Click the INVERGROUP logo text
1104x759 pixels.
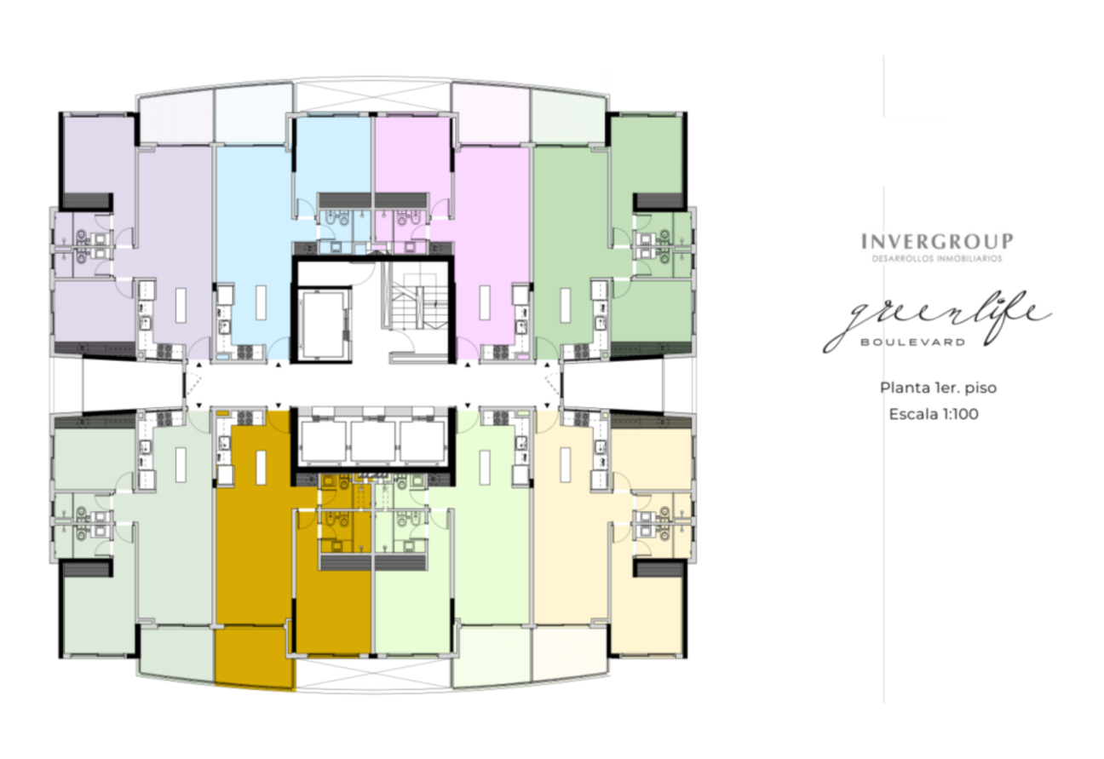coord(937,242)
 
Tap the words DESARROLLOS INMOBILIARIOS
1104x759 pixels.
coord(937,259)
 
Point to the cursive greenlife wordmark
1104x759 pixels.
coord(937,320)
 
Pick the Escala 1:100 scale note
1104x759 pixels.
coord(934,414)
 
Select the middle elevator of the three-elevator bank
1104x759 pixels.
coord(373,441)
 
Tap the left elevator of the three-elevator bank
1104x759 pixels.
coord(324,441)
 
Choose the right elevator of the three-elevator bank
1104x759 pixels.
coord(423,441)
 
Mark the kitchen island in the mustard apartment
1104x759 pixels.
coord(261,467)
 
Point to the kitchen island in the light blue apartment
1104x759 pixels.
coord(261,302)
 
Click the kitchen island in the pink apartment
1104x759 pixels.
coord(485,302)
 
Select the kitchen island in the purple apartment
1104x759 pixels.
coord(181,306)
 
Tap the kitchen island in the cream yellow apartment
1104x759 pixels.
coord(566,465)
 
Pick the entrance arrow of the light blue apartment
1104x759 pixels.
coord(279,365)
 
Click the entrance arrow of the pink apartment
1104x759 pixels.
coord(468,365)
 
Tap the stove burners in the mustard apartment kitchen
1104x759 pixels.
coord(245,418)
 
